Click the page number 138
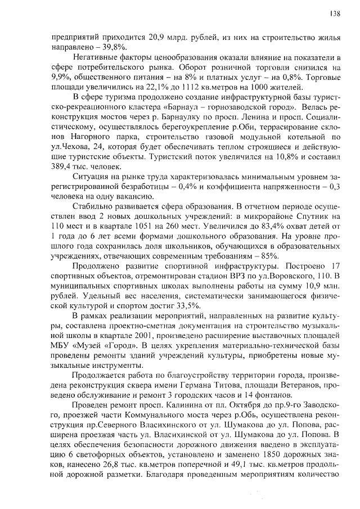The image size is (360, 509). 335,13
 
